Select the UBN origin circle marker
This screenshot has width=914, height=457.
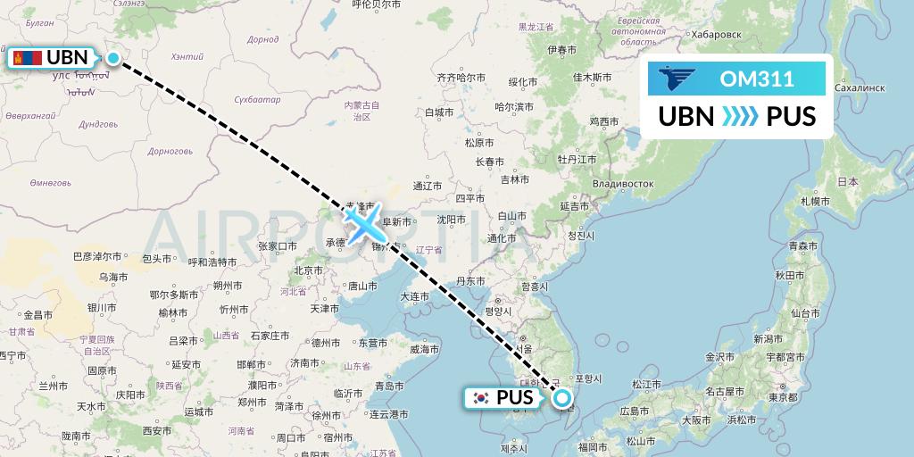pos(113,58)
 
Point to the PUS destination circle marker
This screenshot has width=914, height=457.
pos(562,398)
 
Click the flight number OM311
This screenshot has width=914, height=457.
pos(756,79)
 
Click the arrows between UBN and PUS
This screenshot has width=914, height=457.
pos(739,117)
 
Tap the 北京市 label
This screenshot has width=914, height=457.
pos(308,270)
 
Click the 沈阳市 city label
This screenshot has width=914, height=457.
pos(451,219)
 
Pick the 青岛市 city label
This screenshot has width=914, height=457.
pos(390,386)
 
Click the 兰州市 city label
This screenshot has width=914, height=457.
pos(54,386)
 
